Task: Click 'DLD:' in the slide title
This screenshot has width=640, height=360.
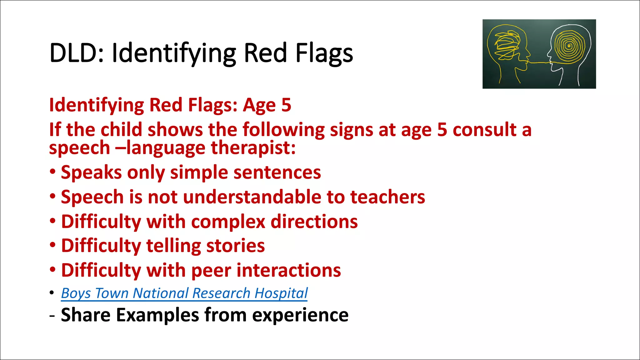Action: tap(77, 53)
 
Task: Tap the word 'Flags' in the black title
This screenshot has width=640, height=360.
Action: tap(324, 53)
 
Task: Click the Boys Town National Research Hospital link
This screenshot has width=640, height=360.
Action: tap(184, 293)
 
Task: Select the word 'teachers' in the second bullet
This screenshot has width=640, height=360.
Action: tap(387, 197)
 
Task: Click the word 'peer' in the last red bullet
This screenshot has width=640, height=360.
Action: tap(211, 270)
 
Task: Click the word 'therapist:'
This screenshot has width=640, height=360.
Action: tap(253, 148)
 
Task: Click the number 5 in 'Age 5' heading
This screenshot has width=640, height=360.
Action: tap(286, 105)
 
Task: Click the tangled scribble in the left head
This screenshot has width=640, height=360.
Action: tap(506, 45)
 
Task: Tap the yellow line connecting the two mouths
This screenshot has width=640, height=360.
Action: tap(539, 63)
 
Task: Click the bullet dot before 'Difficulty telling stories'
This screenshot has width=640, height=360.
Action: tap(53, 245)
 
